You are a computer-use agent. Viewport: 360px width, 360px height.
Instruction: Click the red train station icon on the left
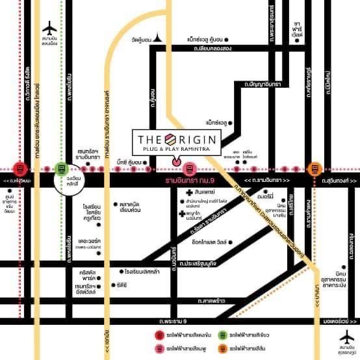point(21,168)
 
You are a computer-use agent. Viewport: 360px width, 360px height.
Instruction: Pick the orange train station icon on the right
point(315,168)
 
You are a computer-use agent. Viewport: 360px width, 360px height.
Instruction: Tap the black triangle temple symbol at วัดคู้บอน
point(158,40)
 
